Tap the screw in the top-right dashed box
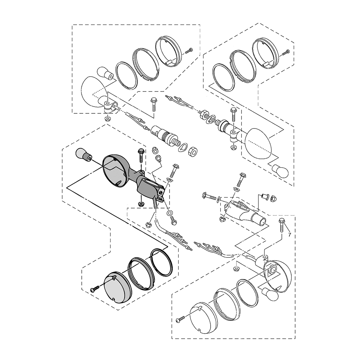coord(286,53)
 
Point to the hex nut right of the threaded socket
coord(193,151)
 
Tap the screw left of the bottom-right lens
coord(181,318)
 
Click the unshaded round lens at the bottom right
coord(202,317)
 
